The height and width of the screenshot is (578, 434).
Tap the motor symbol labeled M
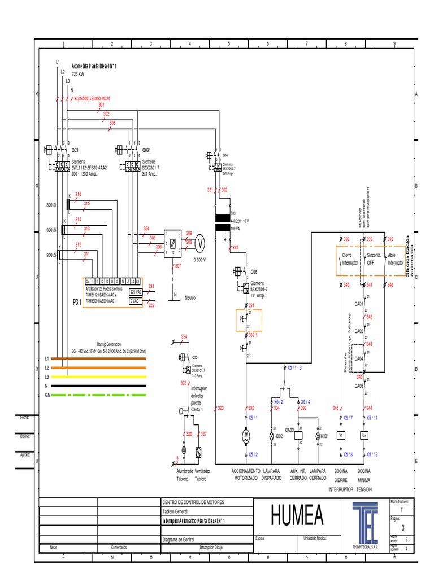[x=246, y=436]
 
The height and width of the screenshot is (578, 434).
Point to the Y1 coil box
[x=341, y=436]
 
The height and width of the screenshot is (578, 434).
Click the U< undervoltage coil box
[x=364, y=436]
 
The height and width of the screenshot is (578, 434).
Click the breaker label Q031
[x=146, y=150]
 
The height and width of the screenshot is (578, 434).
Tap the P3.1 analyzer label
[x=77, y=302]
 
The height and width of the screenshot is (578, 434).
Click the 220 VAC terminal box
[x=136, y=292]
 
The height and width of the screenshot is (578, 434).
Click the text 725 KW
[x=77, y=74]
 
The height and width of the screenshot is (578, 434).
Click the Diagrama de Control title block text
[x=179, y=538]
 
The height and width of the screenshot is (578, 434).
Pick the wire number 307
[x=178, y=265]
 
